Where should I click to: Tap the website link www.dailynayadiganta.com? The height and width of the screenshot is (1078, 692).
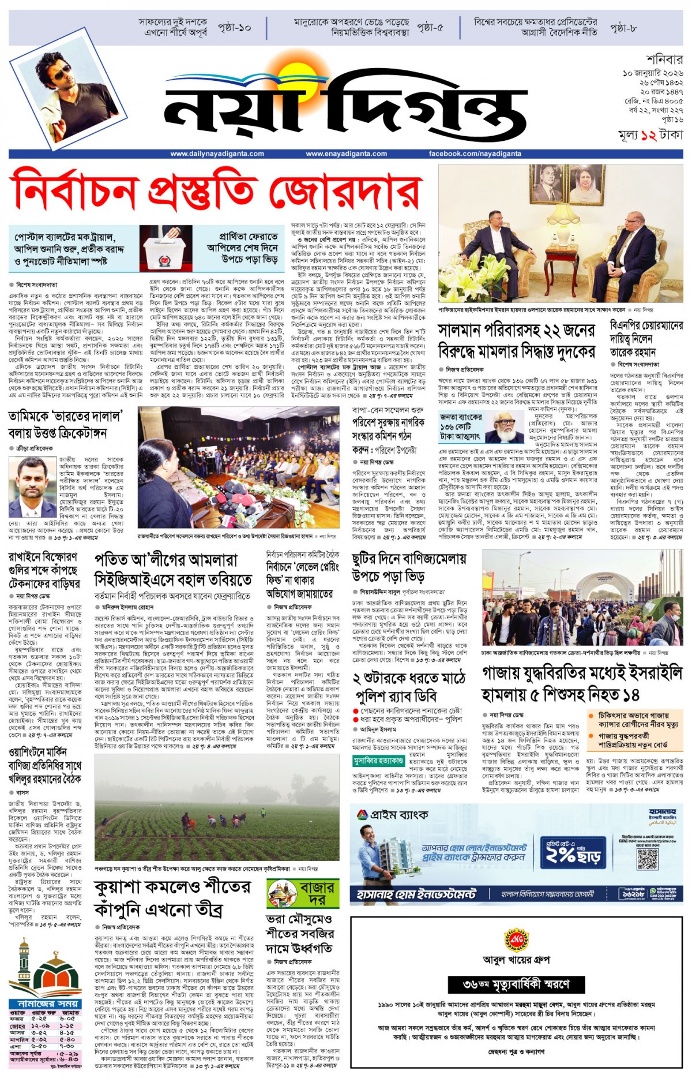[x=217, y=154]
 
